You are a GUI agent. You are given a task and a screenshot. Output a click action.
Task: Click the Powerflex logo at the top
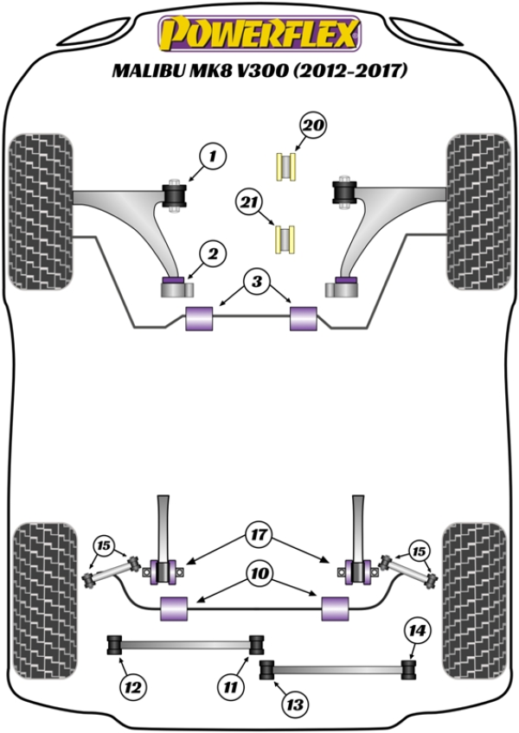(258, 35)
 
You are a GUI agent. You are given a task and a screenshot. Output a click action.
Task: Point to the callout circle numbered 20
(313, 126)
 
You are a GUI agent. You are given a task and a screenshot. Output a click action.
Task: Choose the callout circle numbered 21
(250, 203)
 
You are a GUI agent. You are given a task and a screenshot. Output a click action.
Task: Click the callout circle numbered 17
(258, 535)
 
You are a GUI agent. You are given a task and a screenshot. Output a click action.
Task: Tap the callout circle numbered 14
(417, 632)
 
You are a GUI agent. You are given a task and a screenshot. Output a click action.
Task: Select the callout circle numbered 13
(295, 704)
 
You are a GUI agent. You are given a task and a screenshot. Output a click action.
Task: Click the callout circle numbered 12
(132, 688)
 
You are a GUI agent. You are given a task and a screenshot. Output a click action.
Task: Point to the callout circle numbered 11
(229, 688)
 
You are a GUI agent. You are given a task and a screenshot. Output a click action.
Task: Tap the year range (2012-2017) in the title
(350, 72)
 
